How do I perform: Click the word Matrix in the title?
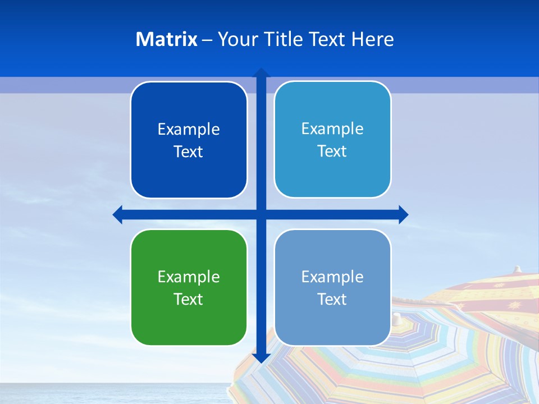[166, 39]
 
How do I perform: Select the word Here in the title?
[372, 39]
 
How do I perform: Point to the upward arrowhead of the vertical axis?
[261, 72]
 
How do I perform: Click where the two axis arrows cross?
[261, 214]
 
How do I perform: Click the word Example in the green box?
[189, 277]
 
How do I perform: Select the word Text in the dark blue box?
[189, 151]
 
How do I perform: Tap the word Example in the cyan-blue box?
[332, 128]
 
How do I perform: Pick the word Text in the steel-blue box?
[332, 299]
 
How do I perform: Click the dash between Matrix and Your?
[207, 40]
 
